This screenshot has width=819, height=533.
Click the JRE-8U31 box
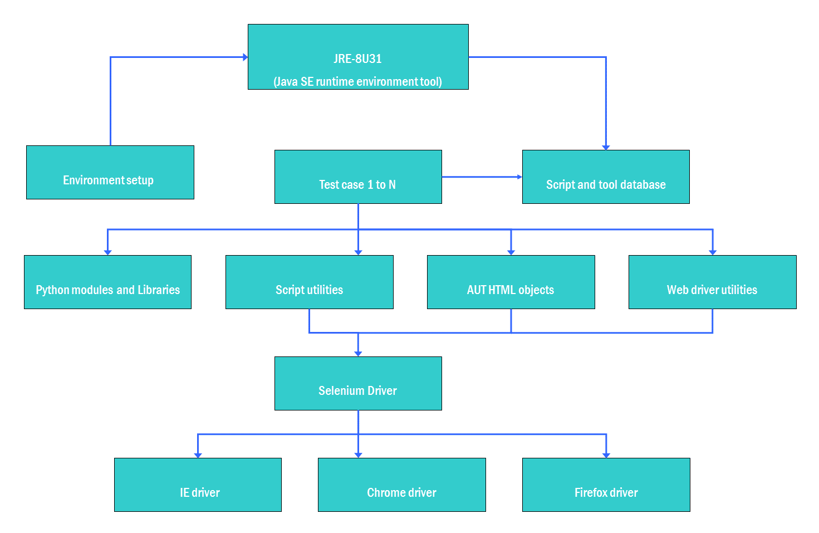point(358,56)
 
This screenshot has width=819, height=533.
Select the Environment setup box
point(110,172)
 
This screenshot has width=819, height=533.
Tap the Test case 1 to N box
point(358,177)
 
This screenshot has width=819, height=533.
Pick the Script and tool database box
point(606,177)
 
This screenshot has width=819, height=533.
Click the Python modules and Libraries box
point(107,282)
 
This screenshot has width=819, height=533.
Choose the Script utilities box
point(309,282)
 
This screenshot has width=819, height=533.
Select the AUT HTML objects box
point(511,282)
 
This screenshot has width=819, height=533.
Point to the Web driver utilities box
point(712,282)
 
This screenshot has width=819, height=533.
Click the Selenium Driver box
point(358,383)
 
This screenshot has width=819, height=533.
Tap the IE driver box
point(198,485)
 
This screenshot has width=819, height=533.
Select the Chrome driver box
point(401,485)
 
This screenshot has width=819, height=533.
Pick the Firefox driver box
point(606,485)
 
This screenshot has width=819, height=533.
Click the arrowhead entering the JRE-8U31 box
point(245,57)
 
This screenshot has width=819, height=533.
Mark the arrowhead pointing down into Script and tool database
point(606,147)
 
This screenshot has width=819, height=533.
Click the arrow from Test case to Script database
point(482,177)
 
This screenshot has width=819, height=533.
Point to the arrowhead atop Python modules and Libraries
point(107,252)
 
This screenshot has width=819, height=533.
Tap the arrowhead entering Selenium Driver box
point(358,354)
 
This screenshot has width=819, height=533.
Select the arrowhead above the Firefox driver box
point(606,455)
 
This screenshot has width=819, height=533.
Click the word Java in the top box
point(287,82)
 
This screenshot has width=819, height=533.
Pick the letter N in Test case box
point(392,185)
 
